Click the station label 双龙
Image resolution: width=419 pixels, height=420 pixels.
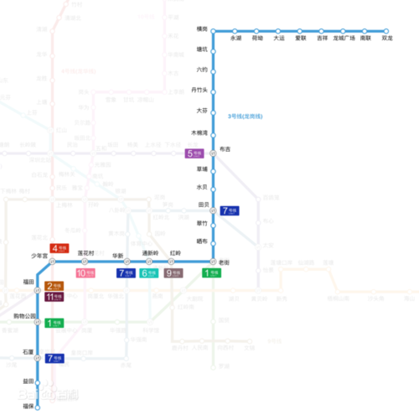[386, 39]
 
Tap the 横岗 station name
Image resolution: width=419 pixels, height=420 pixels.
[201, 28]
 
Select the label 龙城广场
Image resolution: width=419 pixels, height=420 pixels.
[344, 39]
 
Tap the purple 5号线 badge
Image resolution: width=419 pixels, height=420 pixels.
[195, 153]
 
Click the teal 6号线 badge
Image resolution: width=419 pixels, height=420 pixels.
[149, 272]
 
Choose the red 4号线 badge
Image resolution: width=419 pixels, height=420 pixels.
[59, 248]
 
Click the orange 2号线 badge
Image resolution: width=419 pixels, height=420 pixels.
[54, 286]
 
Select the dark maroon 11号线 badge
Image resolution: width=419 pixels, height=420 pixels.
[54, 297]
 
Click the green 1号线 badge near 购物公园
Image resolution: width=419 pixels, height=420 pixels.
[54, 323]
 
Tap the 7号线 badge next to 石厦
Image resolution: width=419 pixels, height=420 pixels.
[55, 358]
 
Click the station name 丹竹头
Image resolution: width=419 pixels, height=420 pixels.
[199, 91]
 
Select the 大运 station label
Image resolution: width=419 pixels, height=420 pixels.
[278, 39]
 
